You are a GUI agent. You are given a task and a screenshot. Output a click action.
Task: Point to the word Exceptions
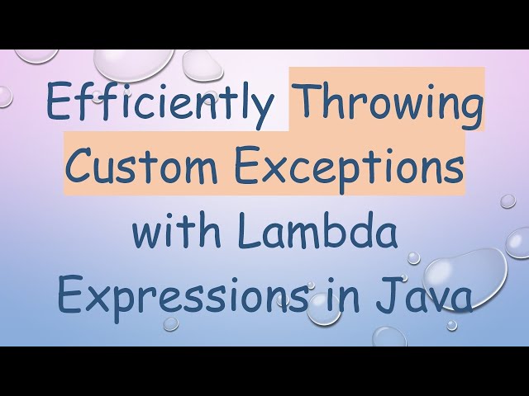tap(346, 167)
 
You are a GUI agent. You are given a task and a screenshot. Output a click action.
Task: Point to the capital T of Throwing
tap(307, 103)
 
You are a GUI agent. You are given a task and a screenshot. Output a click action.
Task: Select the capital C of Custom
tap(81, 167)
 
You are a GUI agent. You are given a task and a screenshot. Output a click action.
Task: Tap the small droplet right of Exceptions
tap(508, 200)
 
